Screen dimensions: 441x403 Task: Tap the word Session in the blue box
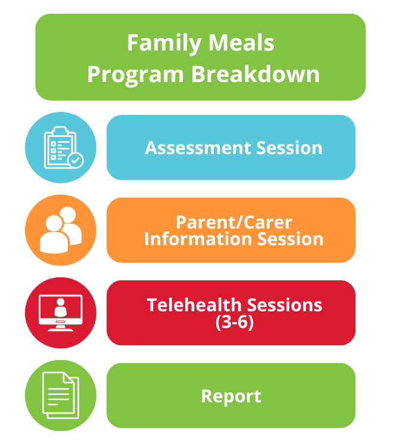point(291,148)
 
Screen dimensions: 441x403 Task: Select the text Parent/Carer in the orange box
point(234,223)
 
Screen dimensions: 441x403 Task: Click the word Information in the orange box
point(195,239)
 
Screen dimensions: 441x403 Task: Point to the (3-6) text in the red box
point(234,323)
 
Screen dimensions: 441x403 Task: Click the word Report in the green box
point(231,396)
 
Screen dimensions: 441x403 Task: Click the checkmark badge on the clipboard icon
point(75,159)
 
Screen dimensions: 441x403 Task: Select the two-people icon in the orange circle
point(61,230)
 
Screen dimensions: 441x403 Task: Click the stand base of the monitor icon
point(60,329)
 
